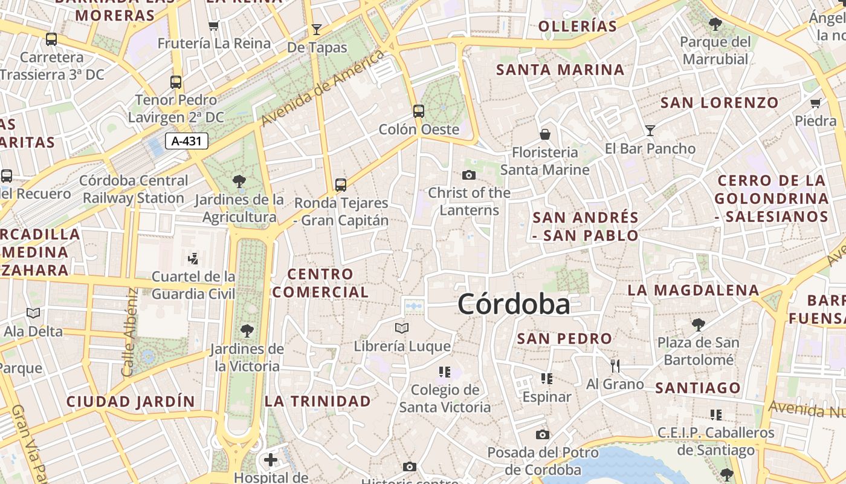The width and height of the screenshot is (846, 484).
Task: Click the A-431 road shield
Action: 187,142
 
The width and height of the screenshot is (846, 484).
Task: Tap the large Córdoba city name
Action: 514,304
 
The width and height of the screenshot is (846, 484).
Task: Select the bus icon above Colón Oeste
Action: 419,111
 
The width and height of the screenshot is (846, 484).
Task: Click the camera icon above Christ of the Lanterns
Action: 468,175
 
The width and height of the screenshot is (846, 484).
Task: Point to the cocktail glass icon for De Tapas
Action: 317,29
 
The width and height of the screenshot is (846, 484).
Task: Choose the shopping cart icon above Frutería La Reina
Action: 213,25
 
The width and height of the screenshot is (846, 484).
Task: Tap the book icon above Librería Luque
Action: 402,329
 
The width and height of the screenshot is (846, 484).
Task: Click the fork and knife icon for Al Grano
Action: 615,365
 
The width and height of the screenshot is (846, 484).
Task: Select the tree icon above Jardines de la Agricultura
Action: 239,181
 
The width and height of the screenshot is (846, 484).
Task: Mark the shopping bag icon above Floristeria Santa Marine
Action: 545,134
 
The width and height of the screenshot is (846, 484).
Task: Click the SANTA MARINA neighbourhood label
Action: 560,70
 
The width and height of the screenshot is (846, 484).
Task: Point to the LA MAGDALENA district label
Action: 693,290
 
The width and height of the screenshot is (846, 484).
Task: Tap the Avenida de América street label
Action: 323,88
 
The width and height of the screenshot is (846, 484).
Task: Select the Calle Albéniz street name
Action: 130,332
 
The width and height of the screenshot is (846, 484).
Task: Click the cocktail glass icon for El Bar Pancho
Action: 650,130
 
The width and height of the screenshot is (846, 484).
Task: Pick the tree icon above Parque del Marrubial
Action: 715,24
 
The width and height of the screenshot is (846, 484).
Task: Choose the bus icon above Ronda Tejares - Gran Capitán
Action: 341,185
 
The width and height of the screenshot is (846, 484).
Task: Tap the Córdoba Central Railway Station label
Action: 134,189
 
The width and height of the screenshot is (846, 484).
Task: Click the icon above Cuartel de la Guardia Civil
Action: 193,259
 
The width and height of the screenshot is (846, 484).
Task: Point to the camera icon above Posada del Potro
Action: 543,434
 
